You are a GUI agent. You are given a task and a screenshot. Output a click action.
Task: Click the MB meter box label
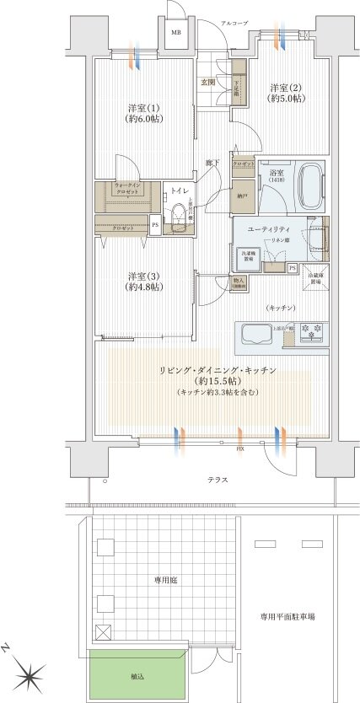176,33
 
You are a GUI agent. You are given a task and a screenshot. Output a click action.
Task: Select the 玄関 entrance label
207,82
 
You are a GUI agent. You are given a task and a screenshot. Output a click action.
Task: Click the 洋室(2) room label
286,93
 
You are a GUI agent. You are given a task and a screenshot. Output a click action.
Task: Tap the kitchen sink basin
255,334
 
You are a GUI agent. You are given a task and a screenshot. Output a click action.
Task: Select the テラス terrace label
218,479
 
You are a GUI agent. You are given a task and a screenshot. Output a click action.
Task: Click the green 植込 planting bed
136,675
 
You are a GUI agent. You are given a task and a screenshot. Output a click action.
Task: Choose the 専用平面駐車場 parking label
287,616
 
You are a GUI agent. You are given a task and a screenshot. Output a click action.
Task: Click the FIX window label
240,448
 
